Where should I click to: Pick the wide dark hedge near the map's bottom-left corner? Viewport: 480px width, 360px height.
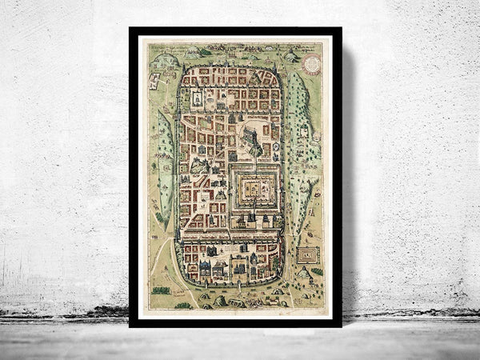162,290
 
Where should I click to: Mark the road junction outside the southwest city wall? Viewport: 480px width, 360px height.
170,240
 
